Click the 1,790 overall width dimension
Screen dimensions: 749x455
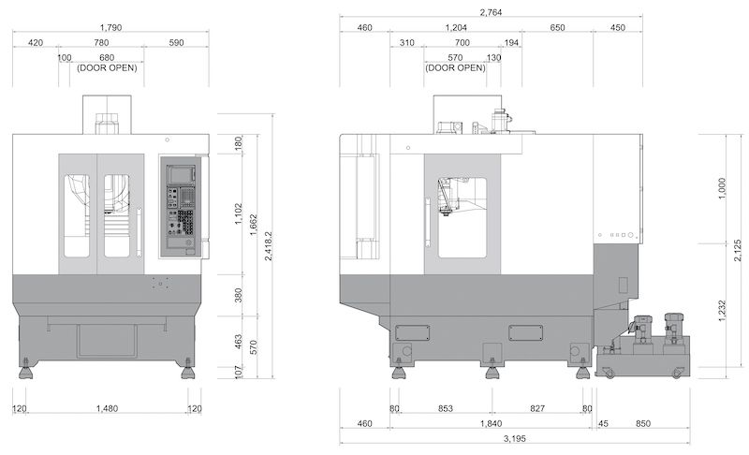coord(110,27)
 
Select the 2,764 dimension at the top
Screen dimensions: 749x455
coord(491,12)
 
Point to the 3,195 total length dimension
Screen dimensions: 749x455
coord(514,439)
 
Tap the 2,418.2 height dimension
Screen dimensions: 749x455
coord(269,246)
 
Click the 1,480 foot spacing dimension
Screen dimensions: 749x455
coord(107,409)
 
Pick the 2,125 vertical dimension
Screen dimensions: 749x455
coord(738,250)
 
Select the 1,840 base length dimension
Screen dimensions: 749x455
coord(491,423)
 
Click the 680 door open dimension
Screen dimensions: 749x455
coord(107,58)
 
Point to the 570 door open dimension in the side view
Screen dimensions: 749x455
coord(455,58)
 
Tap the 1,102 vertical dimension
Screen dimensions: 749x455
coord(239,214)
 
